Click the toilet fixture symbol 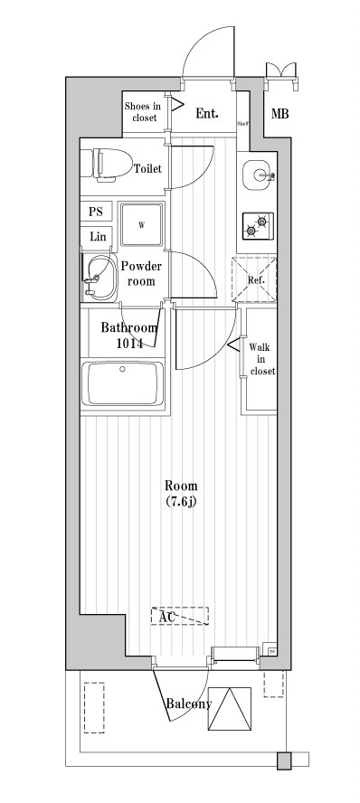(101, 165)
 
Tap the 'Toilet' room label (148, 169)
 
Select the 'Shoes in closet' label (142, 111)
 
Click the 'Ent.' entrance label (208, 113)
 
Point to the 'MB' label (279, 114)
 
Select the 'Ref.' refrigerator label (255, 279)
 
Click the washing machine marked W (142, 224)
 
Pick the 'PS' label (96, 212)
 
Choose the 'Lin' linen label (97, 236)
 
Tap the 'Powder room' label (141, 273)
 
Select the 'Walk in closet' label (262, 358)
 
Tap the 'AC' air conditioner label (167, 618)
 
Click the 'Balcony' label (188, 704)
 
